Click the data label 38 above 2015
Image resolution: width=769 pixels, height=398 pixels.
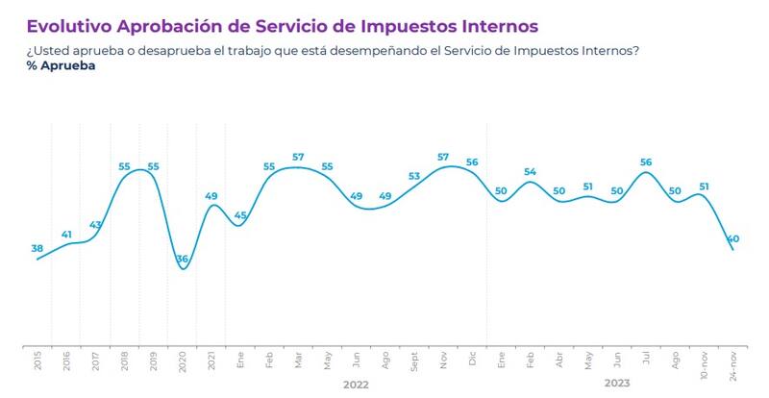pyautogui.click(x=37, y=248)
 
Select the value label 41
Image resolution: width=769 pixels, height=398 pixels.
pyautogui.click(x=66, y=234)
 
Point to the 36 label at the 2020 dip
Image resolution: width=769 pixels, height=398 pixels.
pyautogui.click(x=182, y=259)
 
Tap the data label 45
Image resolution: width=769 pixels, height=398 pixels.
pyautogui.click(x=240, y=215)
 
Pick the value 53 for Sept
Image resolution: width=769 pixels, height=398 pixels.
pyautogui.click(x=414, y=177)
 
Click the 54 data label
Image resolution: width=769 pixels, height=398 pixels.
pyautogui.click(x=530, y=172)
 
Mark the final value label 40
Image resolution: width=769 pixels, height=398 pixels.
pyautogui.click(x=732, y=238)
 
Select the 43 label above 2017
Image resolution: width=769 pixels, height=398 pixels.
pyautogui.click(x=95, y=225)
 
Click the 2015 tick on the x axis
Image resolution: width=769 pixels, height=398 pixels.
pyautogui.click(x=37, y=361)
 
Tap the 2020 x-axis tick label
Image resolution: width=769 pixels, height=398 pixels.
pyautogui.click(x=182, y=361)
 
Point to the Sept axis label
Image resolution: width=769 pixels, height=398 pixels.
pyautogui.click(x=414, y=362)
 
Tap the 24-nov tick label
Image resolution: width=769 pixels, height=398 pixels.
pyautogui.click(x=732, y=365)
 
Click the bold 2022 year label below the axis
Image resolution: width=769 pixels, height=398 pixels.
pyautogui.click(x=356, y=384)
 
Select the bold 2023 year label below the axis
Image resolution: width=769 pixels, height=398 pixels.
pyautogui.click(x=616, y=384)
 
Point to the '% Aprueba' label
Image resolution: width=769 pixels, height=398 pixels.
pyautogui.click(x=54, y=66)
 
